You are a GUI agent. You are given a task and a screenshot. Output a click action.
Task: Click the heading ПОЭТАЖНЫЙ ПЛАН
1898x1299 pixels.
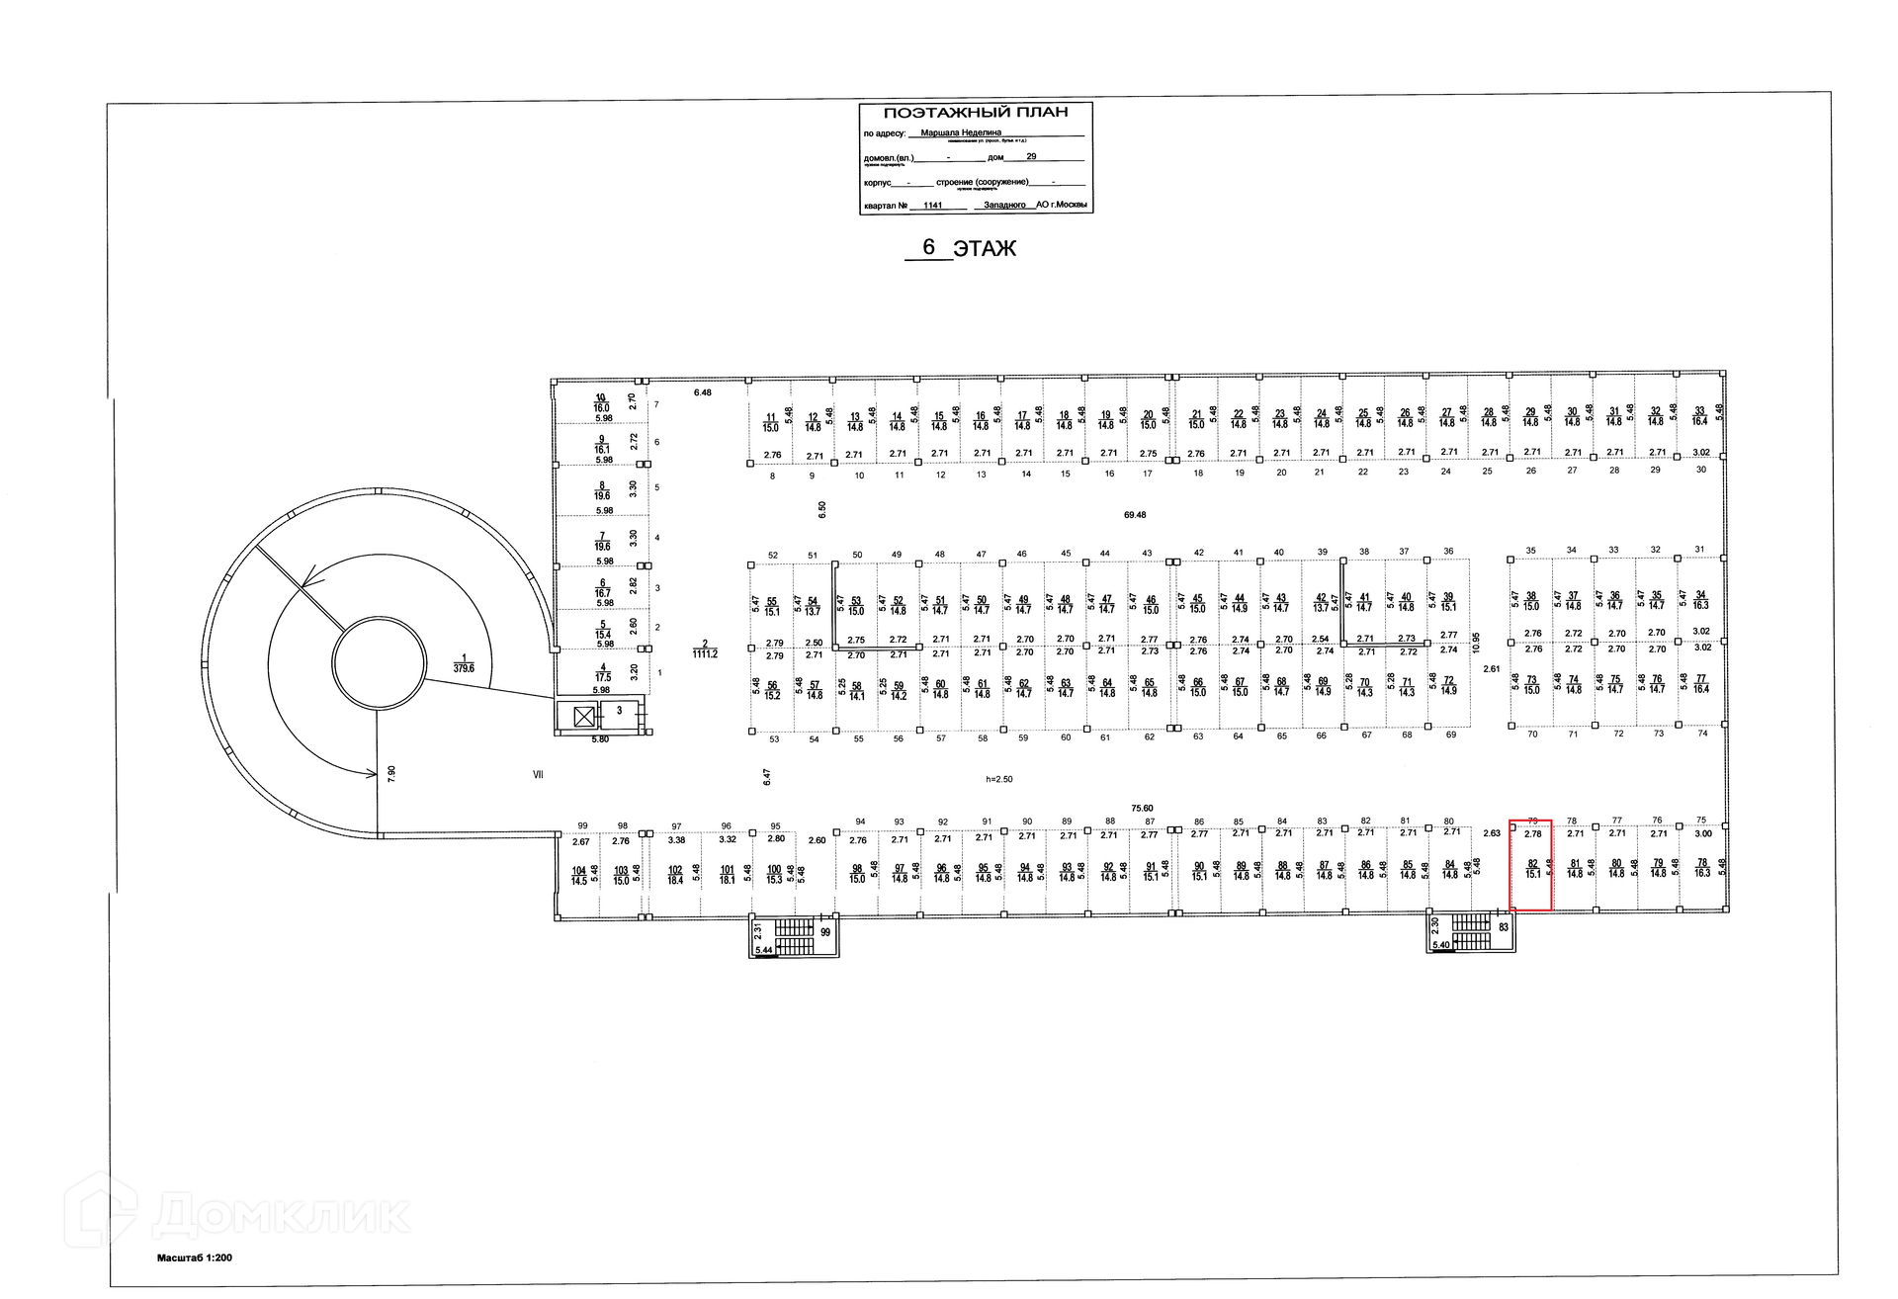point(975,113)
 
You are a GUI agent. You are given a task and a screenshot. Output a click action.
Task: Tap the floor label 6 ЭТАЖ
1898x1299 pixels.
point(961,248)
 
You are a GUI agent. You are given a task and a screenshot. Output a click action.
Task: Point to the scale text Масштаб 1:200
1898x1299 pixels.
point(194,1258)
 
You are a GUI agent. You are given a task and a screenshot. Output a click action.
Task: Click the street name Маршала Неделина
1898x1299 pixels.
point(961,131)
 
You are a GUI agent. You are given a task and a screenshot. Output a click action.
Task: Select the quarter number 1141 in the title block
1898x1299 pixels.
point(931,206)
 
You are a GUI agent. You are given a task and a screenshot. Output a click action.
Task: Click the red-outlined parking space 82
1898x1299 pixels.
point(1530,865)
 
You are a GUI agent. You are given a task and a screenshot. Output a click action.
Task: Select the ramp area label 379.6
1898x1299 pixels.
point(463,667)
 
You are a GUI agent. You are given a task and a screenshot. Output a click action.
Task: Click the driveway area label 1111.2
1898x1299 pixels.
point(705,653)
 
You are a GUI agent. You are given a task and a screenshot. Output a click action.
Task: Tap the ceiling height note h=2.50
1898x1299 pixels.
point(998,779)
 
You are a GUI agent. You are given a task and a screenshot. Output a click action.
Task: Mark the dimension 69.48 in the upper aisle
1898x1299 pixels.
point(1135,515)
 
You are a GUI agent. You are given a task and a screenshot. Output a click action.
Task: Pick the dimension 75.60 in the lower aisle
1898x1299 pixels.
point(1142,809)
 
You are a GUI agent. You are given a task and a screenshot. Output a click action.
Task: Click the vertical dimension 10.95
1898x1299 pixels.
point(1476,644)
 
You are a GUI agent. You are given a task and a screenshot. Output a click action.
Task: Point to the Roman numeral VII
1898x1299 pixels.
point(538,775)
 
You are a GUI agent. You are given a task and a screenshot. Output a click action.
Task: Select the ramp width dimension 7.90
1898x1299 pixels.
point(391,773)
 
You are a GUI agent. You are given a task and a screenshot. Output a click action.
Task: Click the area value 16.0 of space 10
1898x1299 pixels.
point(601,407)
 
